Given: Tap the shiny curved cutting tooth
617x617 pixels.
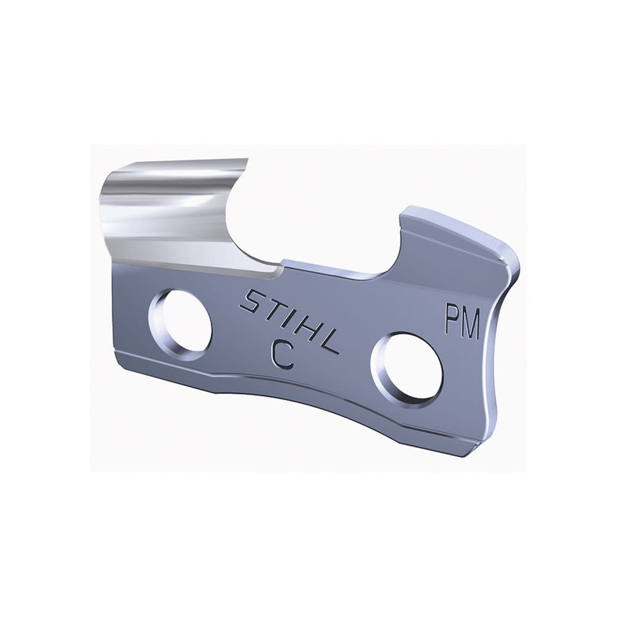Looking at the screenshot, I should pyautogui.click(x=173, y=210).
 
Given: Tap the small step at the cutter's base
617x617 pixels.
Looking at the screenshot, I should pyautogui.click(x=281, y=264).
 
